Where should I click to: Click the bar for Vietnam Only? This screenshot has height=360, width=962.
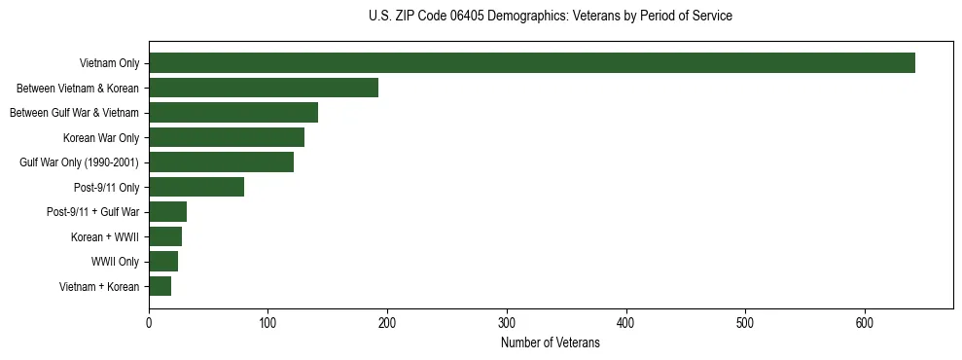[x=532, y=63]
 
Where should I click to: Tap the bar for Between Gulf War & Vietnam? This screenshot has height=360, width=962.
[x=233, y=113]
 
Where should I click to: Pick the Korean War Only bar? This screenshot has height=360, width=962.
[x=227, y=137]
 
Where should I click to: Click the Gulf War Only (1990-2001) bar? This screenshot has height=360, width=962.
[x=221, y=162]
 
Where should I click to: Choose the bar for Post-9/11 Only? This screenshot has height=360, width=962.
[x=196, y=187]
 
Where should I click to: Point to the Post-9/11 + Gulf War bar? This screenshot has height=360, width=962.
[x=167, y=212]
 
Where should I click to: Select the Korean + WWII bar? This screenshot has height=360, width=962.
[x=165, y=236]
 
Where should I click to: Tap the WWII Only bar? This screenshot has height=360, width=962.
[x=163, y=261]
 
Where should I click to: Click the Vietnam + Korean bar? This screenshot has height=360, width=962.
[x=160, y=286]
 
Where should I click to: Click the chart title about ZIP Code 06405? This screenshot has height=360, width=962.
[x=551, y=17]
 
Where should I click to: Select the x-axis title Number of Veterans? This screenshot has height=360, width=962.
[x=551, y=343]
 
